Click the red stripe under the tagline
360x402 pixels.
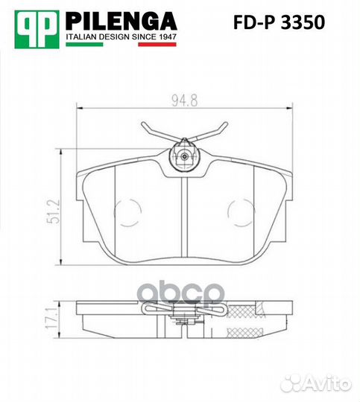(157, 44)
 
